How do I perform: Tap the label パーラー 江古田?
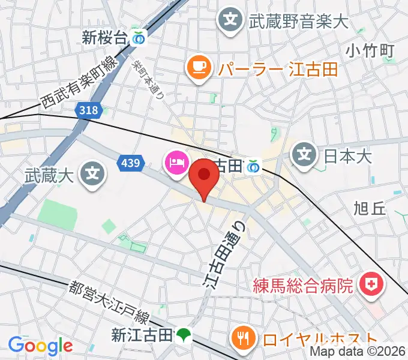point(278,69)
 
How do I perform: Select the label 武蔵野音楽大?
point(298,22)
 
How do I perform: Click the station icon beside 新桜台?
point(139,38)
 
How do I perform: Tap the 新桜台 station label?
point(104,39)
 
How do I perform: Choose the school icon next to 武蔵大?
point(92,175)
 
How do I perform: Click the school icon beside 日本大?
point(305,155)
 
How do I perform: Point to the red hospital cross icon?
point(370,284)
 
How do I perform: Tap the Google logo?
point(40,345)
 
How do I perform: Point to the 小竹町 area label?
point(370,50)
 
